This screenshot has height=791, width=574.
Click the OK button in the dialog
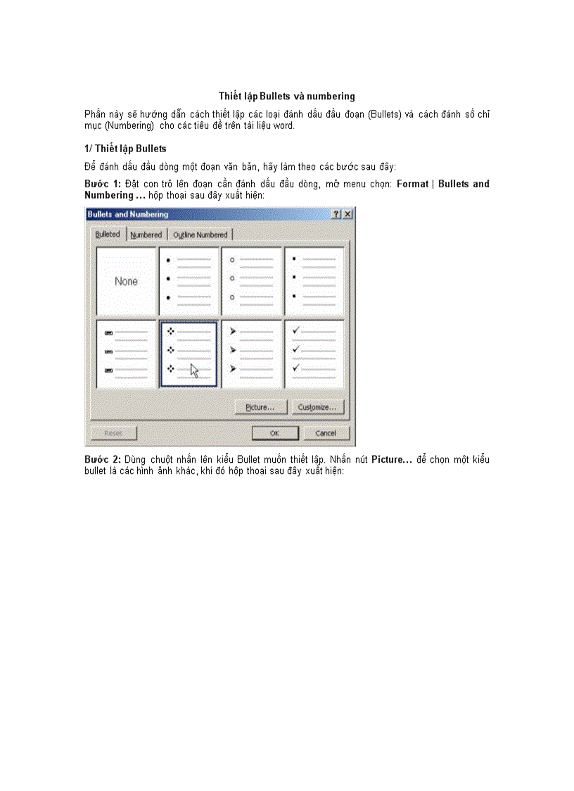275,433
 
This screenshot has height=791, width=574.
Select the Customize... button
320,407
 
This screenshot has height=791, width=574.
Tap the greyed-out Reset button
114,433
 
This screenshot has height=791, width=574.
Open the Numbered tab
146,235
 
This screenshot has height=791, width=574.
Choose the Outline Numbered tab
200,235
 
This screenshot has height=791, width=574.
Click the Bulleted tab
108,234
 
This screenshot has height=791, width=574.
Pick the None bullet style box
127,281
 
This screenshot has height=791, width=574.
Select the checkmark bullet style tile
314,354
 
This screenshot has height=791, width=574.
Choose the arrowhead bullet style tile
252,354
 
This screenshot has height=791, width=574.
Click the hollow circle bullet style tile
252,281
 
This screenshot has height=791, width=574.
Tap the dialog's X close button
347,214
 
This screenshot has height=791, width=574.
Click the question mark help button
336,214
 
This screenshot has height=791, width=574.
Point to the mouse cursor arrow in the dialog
194,370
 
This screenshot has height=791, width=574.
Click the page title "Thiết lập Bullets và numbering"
286,96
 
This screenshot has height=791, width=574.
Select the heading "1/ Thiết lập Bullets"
125,149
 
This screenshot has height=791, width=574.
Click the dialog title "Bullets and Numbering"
128,214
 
